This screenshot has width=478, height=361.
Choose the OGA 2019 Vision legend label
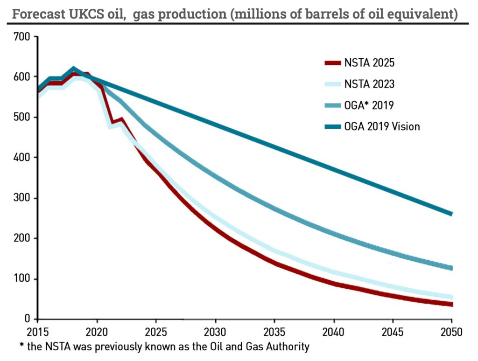(x=382, y=126)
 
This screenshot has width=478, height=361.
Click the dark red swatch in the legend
(x=332, y=63)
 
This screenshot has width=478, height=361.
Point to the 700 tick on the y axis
(x=22, y=36)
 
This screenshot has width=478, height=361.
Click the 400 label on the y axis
(x=22, y=158)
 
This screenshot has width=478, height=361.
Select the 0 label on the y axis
(x=28, y=319)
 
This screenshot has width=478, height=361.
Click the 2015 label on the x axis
(x=38, y=333)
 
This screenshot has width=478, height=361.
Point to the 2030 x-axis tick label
(x=215, y=333)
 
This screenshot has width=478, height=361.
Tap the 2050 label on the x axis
(x=452, y=333)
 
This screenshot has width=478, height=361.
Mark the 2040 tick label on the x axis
(x=334, y=333)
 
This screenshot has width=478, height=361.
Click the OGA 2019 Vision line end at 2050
(x=451, y=214)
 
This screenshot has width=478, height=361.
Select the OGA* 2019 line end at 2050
(x=451, y=268)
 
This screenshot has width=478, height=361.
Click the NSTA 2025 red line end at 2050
(x=451, y=304)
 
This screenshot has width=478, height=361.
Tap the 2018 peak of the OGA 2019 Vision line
(x=74, y=69)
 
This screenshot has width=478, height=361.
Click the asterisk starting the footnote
(x=21, y=346)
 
